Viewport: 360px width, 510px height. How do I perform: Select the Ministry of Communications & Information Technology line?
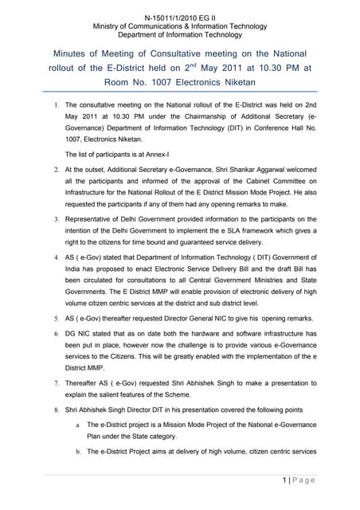pos(179,26)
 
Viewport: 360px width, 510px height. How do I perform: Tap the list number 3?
pos(49,219)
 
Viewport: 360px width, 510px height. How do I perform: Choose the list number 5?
pos(49,317)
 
